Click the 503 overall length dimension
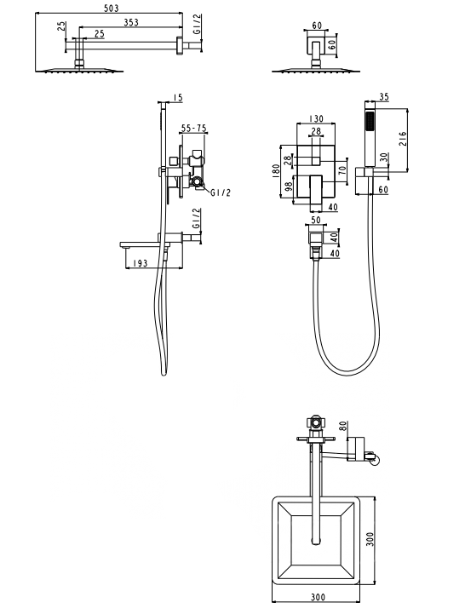point(112,8)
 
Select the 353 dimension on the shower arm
point(131,22)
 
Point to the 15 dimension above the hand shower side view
point(178,97)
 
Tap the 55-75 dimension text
point(194,129)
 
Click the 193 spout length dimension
point(141,263)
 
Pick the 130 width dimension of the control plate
point(316,118)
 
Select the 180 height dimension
point(276,170)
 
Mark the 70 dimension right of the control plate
point(342,171)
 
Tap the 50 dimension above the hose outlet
point(315,220)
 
